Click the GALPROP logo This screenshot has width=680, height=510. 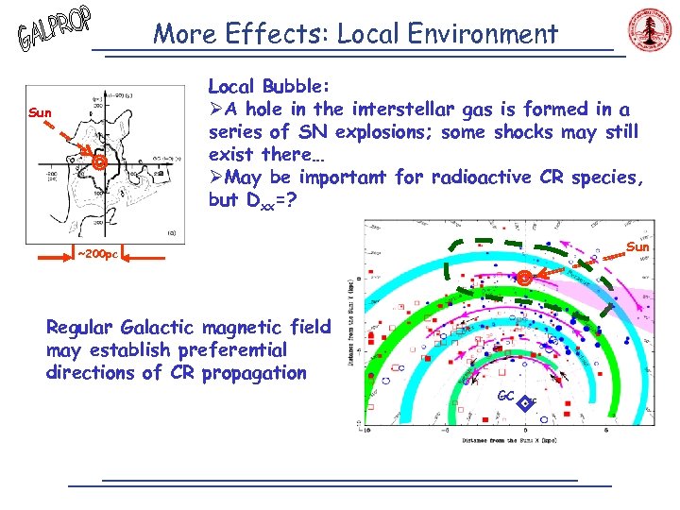55,29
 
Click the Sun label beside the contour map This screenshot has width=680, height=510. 40,113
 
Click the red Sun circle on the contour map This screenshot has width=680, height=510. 98,164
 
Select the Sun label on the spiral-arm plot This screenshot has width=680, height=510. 637,247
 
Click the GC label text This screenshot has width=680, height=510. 504,396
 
